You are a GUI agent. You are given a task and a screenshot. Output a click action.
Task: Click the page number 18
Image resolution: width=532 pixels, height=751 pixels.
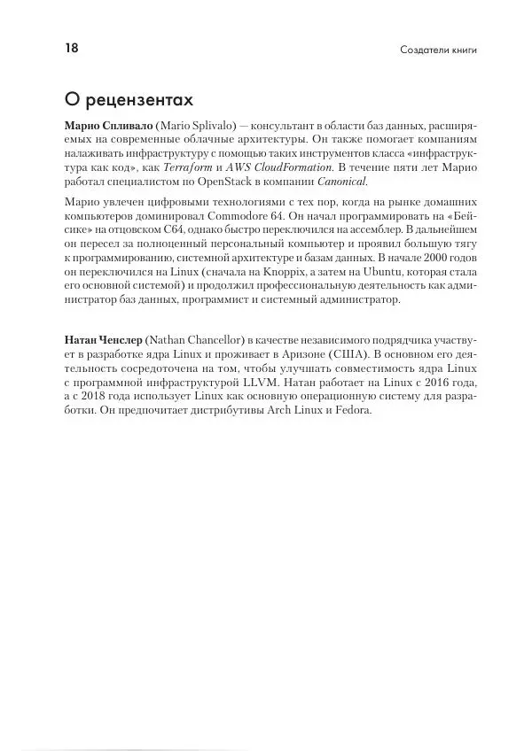(x=71, y=48)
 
